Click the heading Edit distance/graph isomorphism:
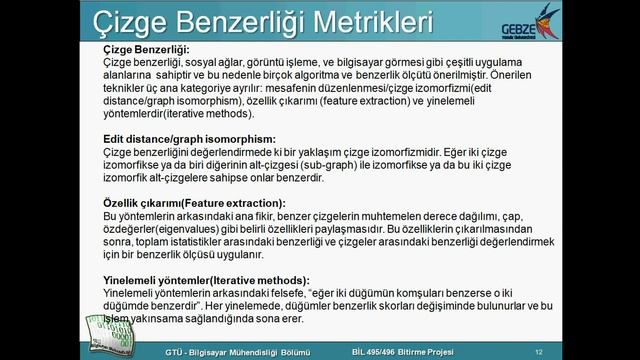(x=190, y=138)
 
